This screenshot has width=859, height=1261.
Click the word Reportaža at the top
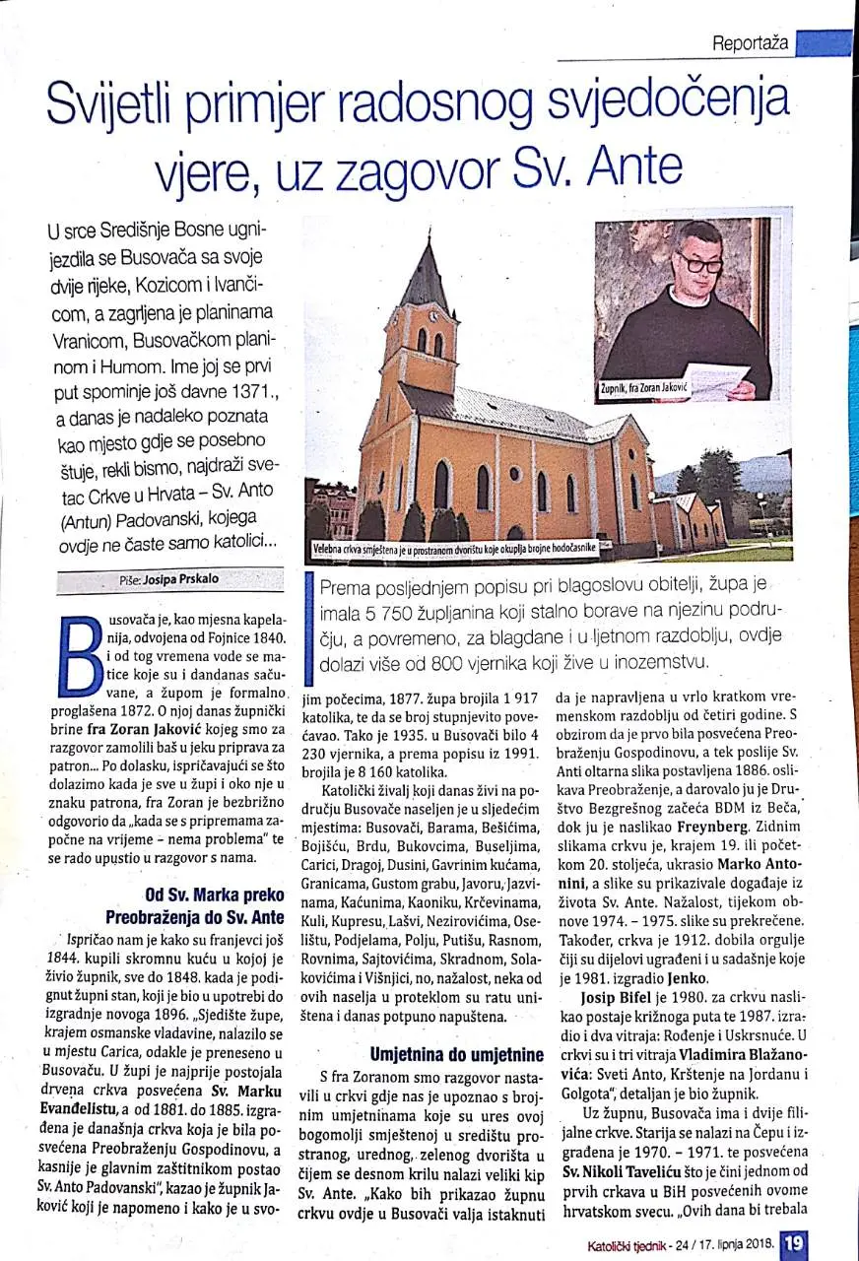pos(751,43)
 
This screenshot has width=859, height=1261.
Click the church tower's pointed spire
pos(428,271)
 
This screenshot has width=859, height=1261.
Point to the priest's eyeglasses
pos(698,263)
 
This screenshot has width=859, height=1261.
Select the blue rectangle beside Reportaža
pos(824,43)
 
